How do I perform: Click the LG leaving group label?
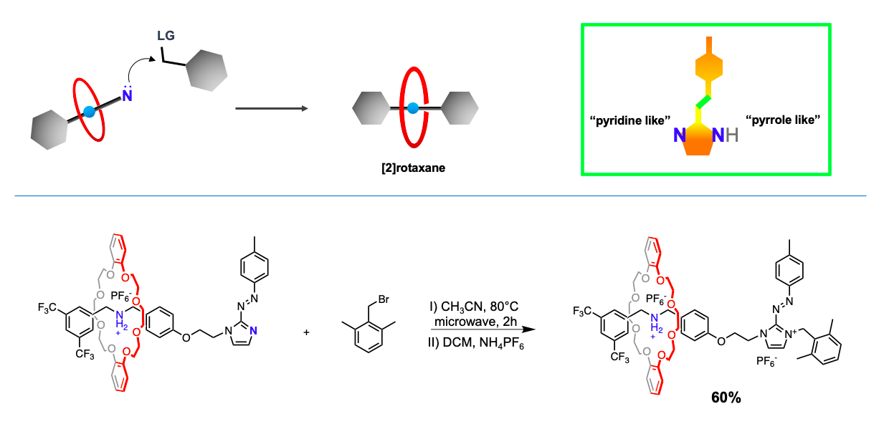coord(166,35)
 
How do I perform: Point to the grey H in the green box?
coord(731,133)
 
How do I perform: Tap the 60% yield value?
coord(726,396)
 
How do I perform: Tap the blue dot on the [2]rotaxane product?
coord(413,109)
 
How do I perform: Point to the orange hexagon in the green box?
coord(708,71)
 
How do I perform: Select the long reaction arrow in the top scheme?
coord(272,109)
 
